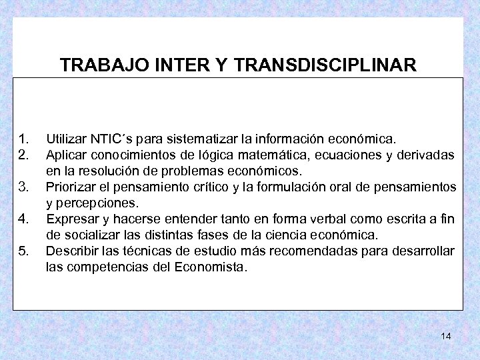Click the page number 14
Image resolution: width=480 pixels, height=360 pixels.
coord(446,336)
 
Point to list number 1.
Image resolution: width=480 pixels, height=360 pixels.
coord(24,140)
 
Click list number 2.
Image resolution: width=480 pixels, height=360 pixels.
coord(24,155)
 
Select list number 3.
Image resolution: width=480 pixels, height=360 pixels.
coord(24,186)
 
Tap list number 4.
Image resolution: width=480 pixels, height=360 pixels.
coord(24,217)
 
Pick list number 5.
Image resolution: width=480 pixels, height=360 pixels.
coord(24,251)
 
